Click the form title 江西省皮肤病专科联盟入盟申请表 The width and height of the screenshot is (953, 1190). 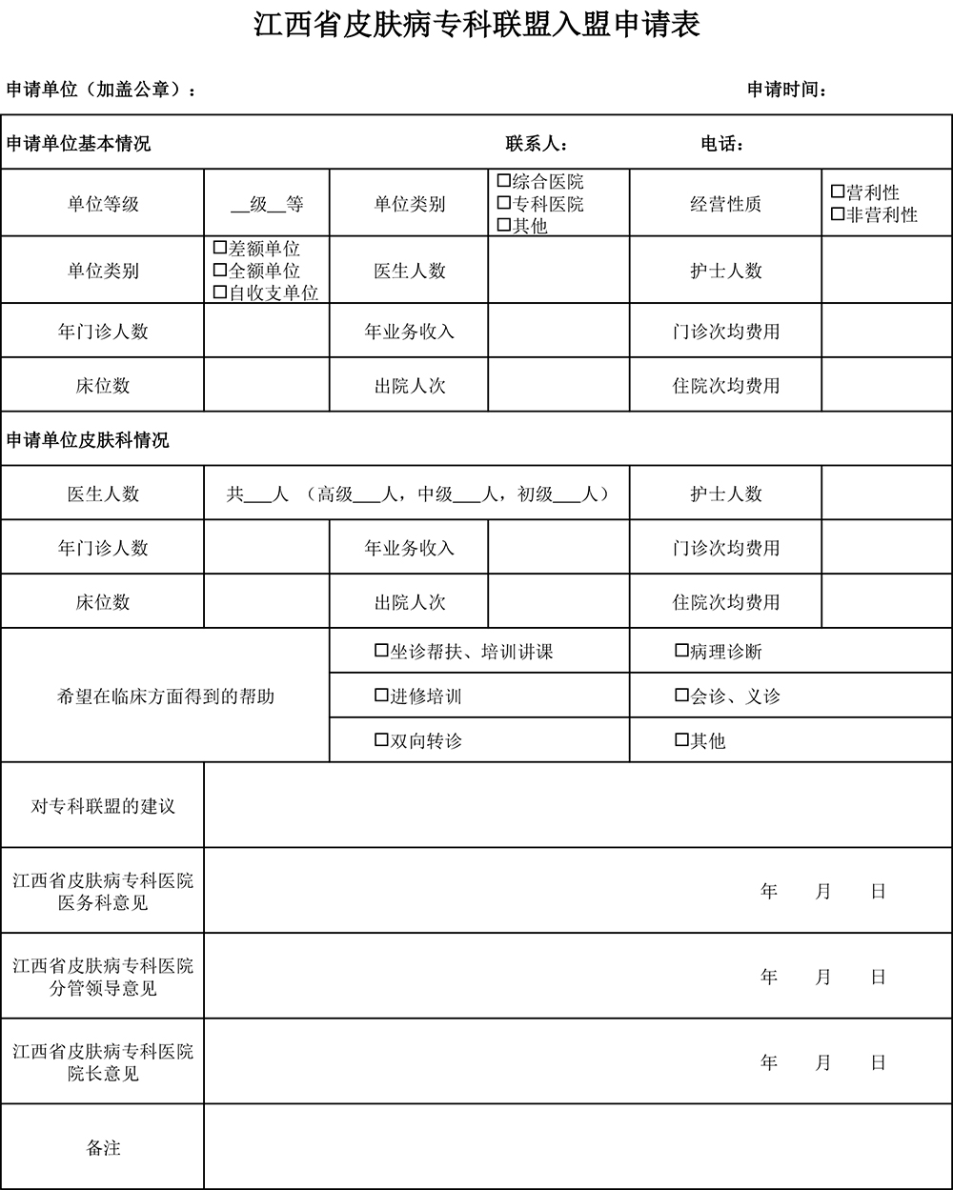[476, 25]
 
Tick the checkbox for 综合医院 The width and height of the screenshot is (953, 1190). [504, 180]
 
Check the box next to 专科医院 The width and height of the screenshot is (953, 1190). [504, 203]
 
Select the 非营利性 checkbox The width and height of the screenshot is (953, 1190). [838, 214]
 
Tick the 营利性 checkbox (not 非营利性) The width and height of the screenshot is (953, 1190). [838, 192]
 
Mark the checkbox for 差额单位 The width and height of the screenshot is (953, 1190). [220, 248]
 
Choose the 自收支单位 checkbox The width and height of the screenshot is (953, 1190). [220, 292]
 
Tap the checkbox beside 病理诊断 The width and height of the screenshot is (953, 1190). [681, 651]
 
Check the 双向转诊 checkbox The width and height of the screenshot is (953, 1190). [381, 739]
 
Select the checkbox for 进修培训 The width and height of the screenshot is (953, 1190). [381, 696]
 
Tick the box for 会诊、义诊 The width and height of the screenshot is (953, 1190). [681, 696]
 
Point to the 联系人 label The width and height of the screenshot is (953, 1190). [537, 145]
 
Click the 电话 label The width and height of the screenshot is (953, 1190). [721, 145]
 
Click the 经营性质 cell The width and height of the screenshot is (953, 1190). [725, 204]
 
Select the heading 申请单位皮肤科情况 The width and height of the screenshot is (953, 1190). [88, 440]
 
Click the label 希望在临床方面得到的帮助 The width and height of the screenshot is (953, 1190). [166, 696]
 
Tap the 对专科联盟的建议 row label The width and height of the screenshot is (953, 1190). [103, 806]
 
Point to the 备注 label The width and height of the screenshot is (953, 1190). [103, 1148]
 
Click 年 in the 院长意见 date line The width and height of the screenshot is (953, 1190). [769, 1062]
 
